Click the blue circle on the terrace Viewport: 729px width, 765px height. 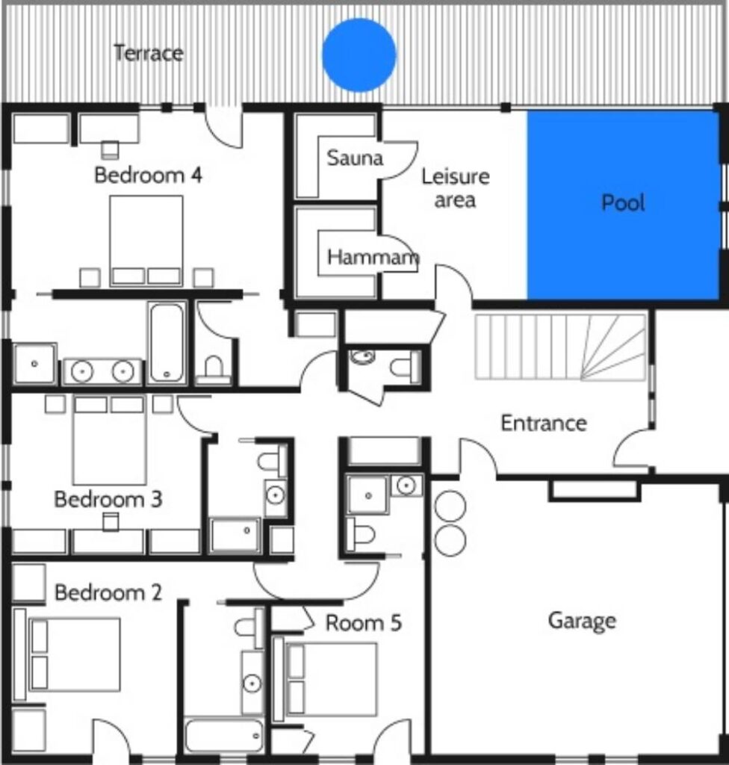(359, 55)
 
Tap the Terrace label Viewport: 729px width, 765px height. (149, 53)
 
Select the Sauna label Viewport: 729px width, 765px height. (355, 158)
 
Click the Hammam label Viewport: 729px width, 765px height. (373, 257)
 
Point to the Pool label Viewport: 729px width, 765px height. (623, 202)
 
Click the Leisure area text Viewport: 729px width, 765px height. (456, 188)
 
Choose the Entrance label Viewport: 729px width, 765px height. (544, 423)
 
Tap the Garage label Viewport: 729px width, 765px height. (582, 621)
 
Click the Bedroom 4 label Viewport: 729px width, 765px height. (148, 175)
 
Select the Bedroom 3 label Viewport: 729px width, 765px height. (108, 499)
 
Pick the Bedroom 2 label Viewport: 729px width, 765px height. (108, 592)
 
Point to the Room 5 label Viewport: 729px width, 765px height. (364, 623)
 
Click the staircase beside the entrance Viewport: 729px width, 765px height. (560, 347)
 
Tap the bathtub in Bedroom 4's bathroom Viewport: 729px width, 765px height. (167, 342)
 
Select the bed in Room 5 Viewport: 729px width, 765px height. (332, 679)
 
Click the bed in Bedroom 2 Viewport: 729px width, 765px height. (74, 654)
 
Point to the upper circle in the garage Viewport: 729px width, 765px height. (450, 506)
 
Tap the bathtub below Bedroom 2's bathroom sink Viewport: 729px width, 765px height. (224, 735)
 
